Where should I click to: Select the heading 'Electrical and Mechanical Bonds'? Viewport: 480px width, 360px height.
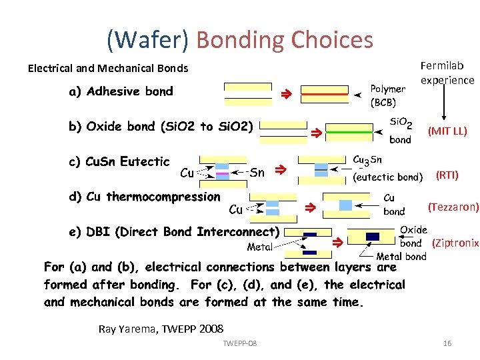(x=108, y=68)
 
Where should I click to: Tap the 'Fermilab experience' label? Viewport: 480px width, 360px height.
(x=447, y=73)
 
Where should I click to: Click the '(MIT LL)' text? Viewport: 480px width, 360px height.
(x=447, y=131)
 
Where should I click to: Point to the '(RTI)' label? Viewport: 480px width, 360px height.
(x=447, y=175)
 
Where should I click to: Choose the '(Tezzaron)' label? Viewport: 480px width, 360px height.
(x=453, y=207)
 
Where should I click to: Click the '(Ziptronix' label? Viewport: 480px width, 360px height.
(x=455, y=243)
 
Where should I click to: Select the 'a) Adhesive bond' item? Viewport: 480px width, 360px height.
(x=121, y=91)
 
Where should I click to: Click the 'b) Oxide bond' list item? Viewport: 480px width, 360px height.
(x=161, y=127)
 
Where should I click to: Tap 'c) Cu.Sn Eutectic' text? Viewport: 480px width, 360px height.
(x=119, y=161)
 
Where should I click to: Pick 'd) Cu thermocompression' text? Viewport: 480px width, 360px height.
(x=144, y=196)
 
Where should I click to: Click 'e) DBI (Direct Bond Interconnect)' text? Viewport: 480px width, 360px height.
(x=173, y=232)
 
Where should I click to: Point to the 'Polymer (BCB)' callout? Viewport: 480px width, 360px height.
(x=387, y=95)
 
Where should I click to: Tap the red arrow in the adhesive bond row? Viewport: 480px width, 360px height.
(x=283, y=95)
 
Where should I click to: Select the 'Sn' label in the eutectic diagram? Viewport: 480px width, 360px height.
(x=257, y=173)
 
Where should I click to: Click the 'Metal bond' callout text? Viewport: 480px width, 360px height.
(x=401, y=257)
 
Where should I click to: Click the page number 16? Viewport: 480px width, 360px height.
(x=447, y=343)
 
